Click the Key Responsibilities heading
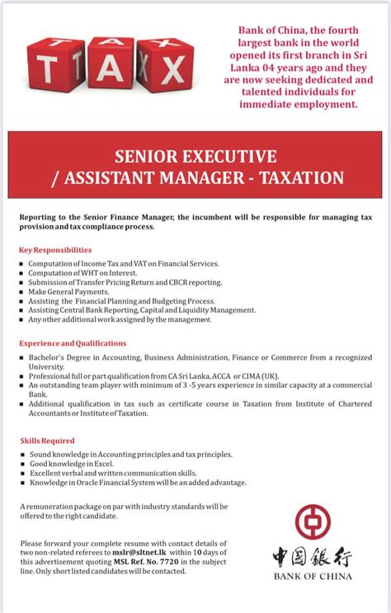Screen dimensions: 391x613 pyautogui.click(x=54, y=249)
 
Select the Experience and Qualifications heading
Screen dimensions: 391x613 pyautogui.click(x=73, y=343)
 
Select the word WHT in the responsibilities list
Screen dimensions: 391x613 pyautogui.click(x=84, y=273)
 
